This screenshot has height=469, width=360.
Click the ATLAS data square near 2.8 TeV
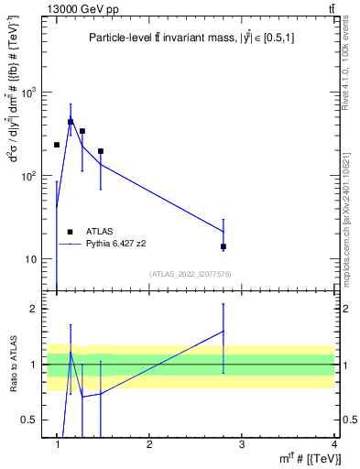[224, 246]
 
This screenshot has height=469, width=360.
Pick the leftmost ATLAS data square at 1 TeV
[57, 145]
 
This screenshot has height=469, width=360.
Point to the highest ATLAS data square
[71, 121]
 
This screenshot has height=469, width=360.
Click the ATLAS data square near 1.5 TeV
[101, 151]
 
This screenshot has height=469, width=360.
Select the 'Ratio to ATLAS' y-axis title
[13, 364]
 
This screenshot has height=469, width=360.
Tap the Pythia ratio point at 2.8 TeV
[224, 331]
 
